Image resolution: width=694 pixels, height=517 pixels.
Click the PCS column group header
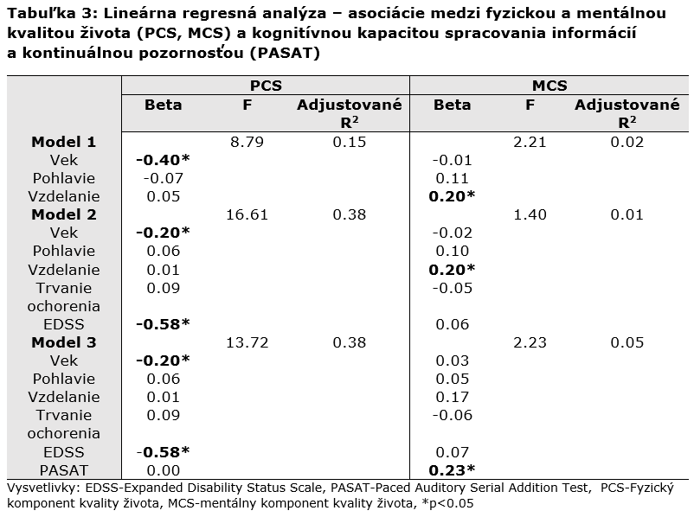click(x=266, y=86)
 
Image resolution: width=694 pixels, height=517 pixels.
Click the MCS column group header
click(x=549, y=86)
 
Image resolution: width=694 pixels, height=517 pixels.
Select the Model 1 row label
click(x=64, y=142)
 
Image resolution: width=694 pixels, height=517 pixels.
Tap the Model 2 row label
click(x=64, y=214)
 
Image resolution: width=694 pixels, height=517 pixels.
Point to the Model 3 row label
click(x=64, y=342)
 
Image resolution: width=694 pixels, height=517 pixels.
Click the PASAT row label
click(x=64, y=470)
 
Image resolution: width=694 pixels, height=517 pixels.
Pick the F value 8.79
click(x=247, y=142)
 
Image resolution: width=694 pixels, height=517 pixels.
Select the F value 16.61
click(x=247, y=214)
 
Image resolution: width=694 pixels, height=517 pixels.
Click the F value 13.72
click(x=247, y=342)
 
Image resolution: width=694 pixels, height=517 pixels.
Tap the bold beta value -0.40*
click(x=163, y=160)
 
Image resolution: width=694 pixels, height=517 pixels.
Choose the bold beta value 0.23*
click(x=452, y=470)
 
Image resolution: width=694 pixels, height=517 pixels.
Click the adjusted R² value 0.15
click(x=350, y=142)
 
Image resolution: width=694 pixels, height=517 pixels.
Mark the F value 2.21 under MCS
click(x=530, y=142)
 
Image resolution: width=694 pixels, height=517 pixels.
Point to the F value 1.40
click(x=530, y=214)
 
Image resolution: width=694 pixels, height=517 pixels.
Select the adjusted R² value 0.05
click(x=627, y=342)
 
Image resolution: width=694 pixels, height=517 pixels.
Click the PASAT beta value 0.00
click(x=164, y=470)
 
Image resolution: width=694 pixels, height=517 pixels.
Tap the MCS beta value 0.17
click(x=452, y=397)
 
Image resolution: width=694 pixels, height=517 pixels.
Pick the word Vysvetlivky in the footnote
click(x=43, y=488)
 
